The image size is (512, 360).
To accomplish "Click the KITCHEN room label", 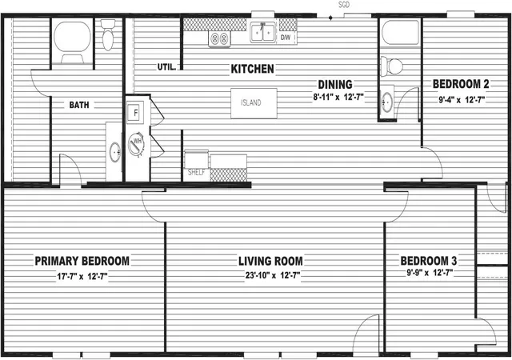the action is click(x=253, y=69).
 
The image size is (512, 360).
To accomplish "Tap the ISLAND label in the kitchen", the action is click(x=251, y=102).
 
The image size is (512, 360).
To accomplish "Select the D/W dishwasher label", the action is click(x=286, y=38).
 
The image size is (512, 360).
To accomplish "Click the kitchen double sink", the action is click(x=262, y=32).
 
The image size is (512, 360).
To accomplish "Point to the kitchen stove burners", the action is click(x=219, y=39).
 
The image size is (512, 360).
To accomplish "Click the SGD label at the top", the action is click(x=343, y=5).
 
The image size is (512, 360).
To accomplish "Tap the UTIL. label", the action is click(x=167, y=67).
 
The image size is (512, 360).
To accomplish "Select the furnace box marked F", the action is click(x=135, y=113).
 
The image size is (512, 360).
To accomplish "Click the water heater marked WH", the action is click(x=137, y=144).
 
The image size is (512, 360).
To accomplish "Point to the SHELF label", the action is click(x=196, y=172).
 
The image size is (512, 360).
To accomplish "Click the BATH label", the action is click(x=79, y=105).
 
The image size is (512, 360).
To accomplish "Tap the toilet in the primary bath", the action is click(x=108, y=34).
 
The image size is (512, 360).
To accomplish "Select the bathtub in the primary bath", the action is click(x=72, y=41).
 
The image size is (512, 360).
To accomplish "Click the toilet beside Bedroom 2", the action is click(x=392, y=66).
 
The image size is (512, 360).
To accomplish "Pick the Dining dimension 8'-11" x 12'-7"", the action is click(x=338, y=98).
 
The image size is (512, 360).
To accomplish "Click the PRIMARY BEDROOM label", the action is click(x=82, y=261).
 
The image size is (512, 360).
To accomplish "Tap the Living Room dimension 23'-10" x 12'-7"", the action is click(x=273, y=275).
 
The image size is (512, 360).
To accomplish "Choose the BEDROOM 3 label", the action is click(x=429, y=261).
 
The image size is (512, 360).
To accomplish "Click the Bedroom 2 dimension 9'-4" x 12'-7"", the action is click(x=462, y=99).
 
